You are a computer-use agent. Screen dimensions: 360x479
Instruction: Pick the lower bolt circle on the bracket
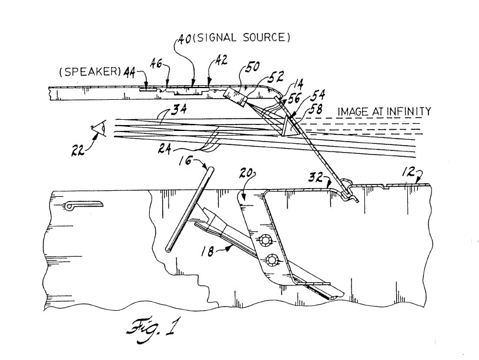[272, 260]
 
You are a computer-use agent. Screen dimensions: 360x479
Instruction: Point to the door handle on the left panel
[82, 205]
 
